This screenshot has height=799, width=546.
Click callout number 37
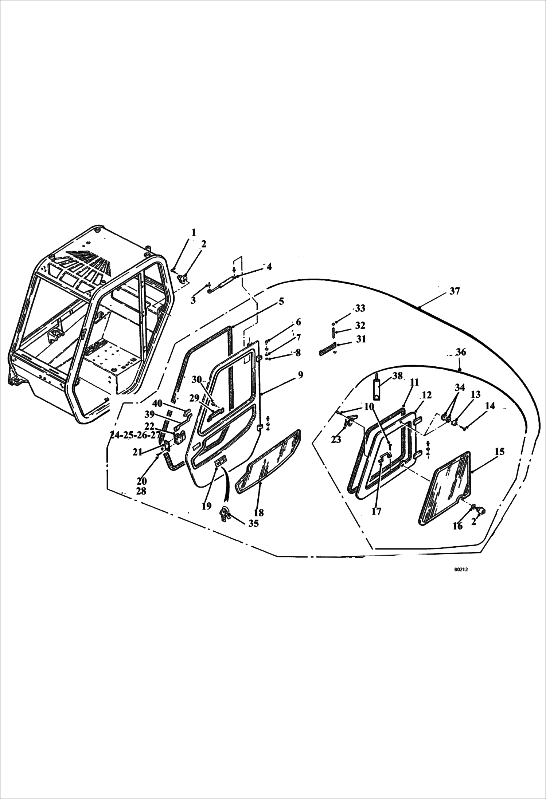[x=454, y=291]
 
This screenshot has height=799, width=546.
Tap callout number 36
[x=461, y=352]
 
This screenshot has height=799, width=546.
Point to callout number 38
[x=398, y=376]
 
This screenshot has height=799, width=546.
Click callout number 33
[x=360, y=308]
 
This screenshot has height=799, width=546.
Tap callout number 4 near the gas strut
[x=269, y=267]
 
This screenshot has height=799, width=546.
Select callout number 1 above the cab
[x=194, y=232]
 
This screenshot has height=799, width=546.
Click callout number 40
[x=157, y=404]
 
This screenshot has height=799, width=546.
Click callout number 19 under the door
[x=206, y=506]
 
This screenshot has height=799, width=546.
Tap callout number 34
[x=460, y=387]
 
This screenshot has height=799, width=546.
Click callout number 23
[x=336, y=440]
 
